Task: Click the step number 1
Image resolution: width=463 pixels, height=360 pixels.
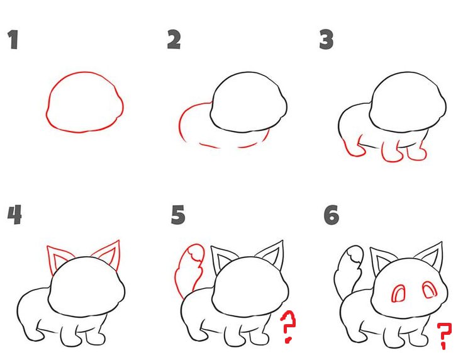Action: click(x=13, y=39)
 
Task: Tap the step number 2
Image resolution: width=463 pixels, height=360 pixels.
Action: click(x=174, y=39)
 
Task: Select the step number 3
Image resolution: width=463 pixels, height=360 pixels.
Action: click(x=326, y=39)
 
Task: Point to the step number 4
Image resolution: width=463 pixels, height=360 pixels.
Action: click(x=14, y=215)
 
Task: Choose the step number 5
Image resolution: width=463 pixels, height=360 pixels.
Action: click(x=178, y=215)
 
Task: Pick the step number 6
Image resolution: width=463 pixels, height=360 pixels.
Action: click(x=332, y=215)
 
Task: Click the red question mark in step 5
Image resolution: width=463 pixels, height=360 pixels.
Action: click(x=288, y=327)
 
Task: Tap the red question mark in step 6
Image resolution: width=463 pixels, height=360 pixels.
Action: click(x=444, y=335)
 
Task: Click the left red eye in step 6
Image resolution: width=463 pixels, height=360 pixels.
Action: click(x=398, y=293)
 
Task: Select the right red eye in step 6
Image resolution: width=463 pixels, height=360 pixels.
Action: click(x=430, y=290)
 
